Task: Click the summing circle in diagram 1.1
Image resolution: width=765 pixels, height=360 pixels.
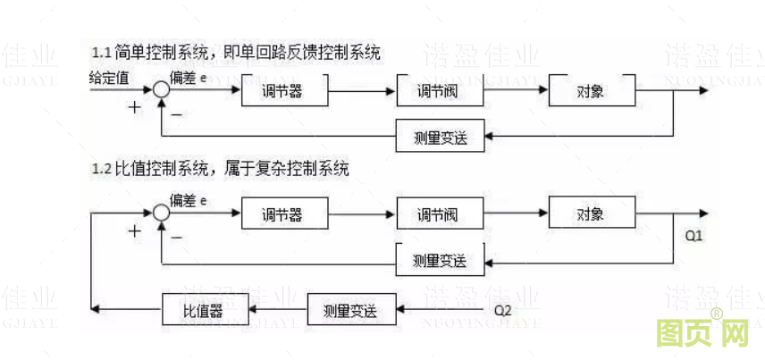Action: click(160, 89)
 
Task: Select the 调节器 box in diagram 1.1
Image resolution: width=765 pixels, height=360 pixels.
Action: click(284, 91)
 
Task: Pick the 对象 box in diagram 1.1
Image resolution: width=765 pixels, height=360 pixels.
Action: click(591, 91)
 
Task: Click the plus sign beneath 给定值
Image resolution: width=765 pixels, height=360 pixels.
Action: click(135, 108)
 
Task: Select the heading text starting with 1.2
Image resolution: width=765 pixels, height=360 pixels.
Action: click(220, 169)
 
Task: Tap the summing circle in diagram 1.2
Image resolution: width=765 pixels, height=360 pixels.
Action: click(160, 213)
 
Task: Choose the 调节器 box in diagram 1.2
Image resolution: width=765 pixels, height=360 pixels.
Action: click(284, 214)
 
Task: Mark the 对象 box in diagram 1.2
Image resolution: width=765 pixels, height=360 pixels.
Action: click(591, 214)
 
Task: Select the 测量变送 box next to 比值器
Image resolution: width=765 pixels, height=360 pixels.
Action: click(349, 311)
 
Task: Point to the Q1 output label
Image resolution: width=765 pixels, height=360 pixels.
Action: click(694, 237)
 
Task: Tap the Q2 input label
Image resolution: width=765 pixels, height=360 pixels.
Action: click(504, 311)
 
